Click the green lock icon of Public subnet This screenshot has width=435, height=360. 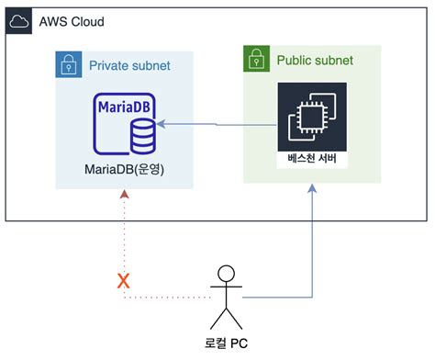tap(258, 60)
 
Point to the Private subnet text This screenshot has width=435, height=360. tap(128, 66)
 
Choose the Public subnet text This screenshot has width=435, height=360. tap(315, 61)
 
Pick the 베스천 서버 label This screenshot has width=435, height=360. tap(312, 157)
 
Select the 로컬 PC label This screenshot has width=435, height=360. tap(224, 346)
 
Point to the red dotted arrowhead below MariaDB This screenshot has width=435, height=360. tap(124, 196)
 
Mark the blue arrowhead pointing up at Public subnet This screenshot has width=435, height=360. tap(313, 189)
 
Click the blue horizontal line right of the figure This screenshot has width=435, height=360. tap(275, 298)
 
